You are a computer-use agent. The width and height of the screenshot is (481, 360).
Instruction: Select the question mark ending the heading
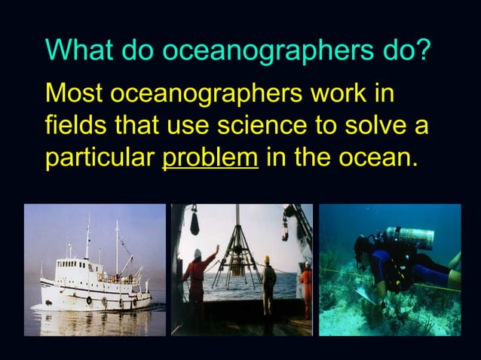[x=425, y=50]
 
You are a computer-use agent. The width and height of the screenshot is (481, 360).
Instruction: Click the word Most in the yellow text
[x=75, y=96]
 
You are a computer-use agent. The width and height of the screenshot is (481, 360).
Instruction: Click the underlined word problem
[x=210, y=159]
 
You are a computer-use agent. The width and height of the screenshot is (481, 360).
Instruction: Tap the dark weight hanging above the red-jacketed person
[x=195, y=222]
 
